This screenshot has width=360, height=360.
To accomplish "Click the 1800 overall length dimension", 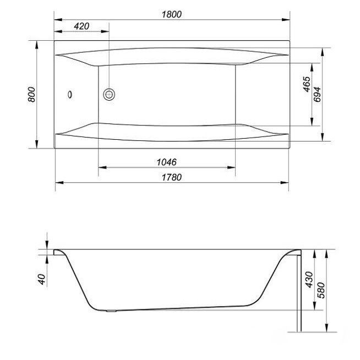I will [172, 14].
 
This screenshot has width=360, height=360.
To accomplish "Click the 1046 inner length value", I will [166, 162].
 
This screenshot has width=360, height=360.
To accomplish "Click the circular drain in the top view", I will [108, 95].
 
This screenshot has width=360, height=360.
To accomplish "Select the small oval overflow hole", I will [69, 95].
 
